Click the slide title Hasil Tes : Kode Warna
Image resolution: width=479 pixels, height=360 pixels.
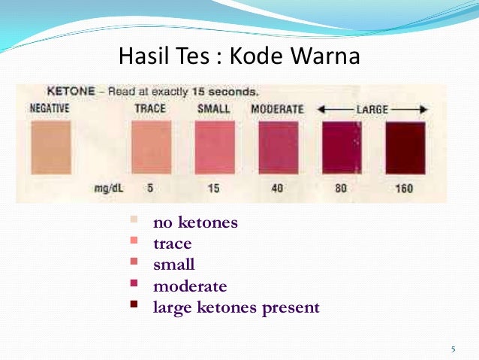click(239, 56)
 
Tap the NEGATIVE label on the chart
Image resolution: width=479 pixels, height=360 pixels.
click(50, 109)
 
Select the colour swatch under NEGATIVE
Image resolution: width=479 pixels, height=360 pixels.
click(50, 147)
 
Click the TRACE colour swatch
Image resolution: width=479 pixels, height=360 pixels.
click(151, 147)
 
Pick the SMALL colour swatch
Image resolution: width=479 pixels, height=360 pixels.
click(214, 147)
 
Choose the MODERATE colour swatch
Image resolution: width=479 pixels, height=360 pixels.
click(277, 147)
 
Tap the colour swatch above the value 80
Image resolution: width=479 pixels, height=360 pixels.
click(341, 147)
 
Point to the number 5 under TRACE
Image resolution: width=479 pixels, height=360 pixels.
click(150, 188)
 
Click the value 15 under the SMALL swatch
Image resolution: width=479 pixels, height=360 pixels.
click(214, 189)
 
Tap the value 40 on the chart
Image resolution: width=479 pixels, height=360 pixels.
click(277, 189)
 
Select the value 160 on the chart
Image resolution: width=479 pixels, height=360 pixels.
click(404, 189)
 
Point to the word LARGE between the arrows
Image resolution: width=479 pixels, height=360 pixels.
click(372, 110)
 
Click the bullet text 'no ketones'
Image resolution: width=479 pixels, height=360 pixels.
click(195, 222)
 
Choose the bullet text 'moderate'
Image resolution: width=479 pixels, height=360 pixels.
click(190, 286)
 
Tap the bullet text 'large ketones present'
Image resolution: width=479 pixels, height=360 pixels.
click(236, 307)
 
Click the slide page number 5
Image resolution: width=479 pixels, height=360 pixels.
click(453, 349)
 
